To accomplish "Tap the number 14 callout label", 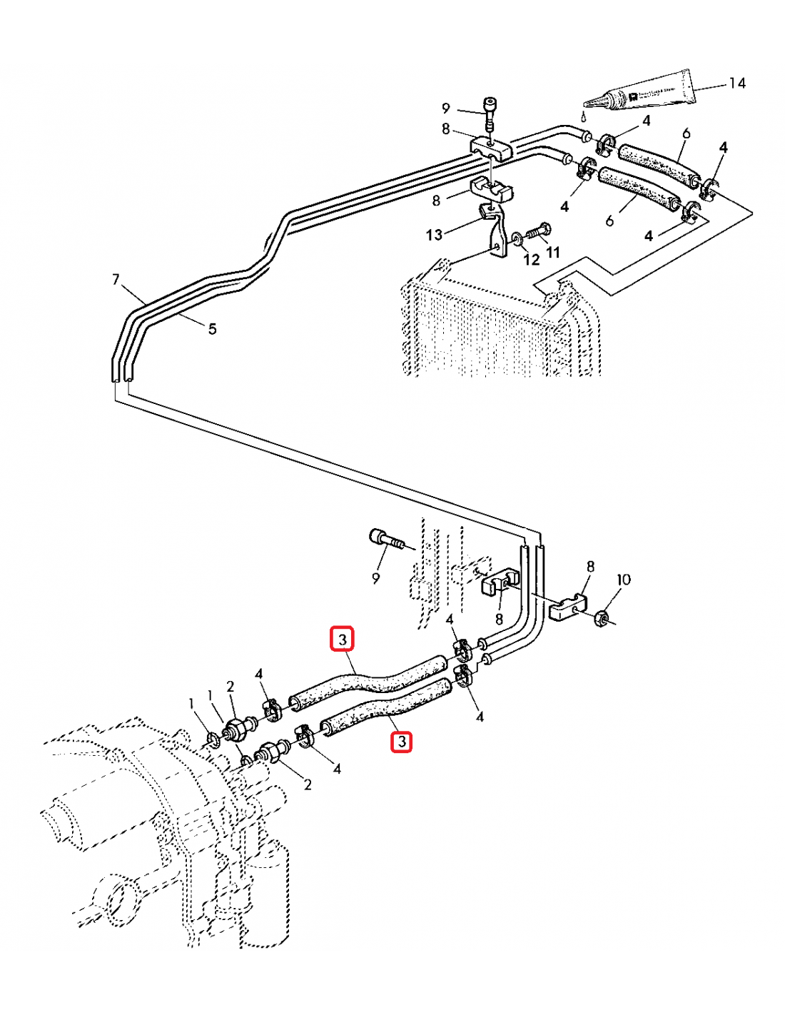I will pyautogui.click(x=736, y=84).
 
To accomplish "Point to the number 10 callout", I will pyautogui.click(x=623, y=580).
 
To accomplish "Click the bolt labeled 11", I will pyautogui.click(x=537, y=232).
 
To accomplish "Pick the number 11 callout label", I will pyautogui.click(x=553, y=252).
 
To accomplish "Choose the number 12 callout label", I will pyautogui.click(x=531, y=260).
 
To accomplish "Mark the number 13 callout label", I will pyautogui.click(x=434, y=235).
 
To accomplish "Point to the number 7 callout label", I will pyautogui.click(x=116, y=279).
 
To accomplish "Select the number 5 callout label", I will pyautogui.click(x=212, y=329).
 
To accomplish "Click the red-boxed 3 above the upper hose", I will pyautogui.click(x=343, y=639).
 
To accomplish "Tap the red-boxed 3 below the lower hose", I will pyautogui.click(x=402, y=742).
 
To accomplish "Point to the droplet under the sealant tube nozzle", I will pyautogui.click(x=583, y=116).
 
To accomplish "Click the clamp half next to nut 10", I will pyautogui.click(x=569, y=607).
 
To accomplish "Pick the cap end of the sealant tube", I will pyautogui.click(x=686, y=84).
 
